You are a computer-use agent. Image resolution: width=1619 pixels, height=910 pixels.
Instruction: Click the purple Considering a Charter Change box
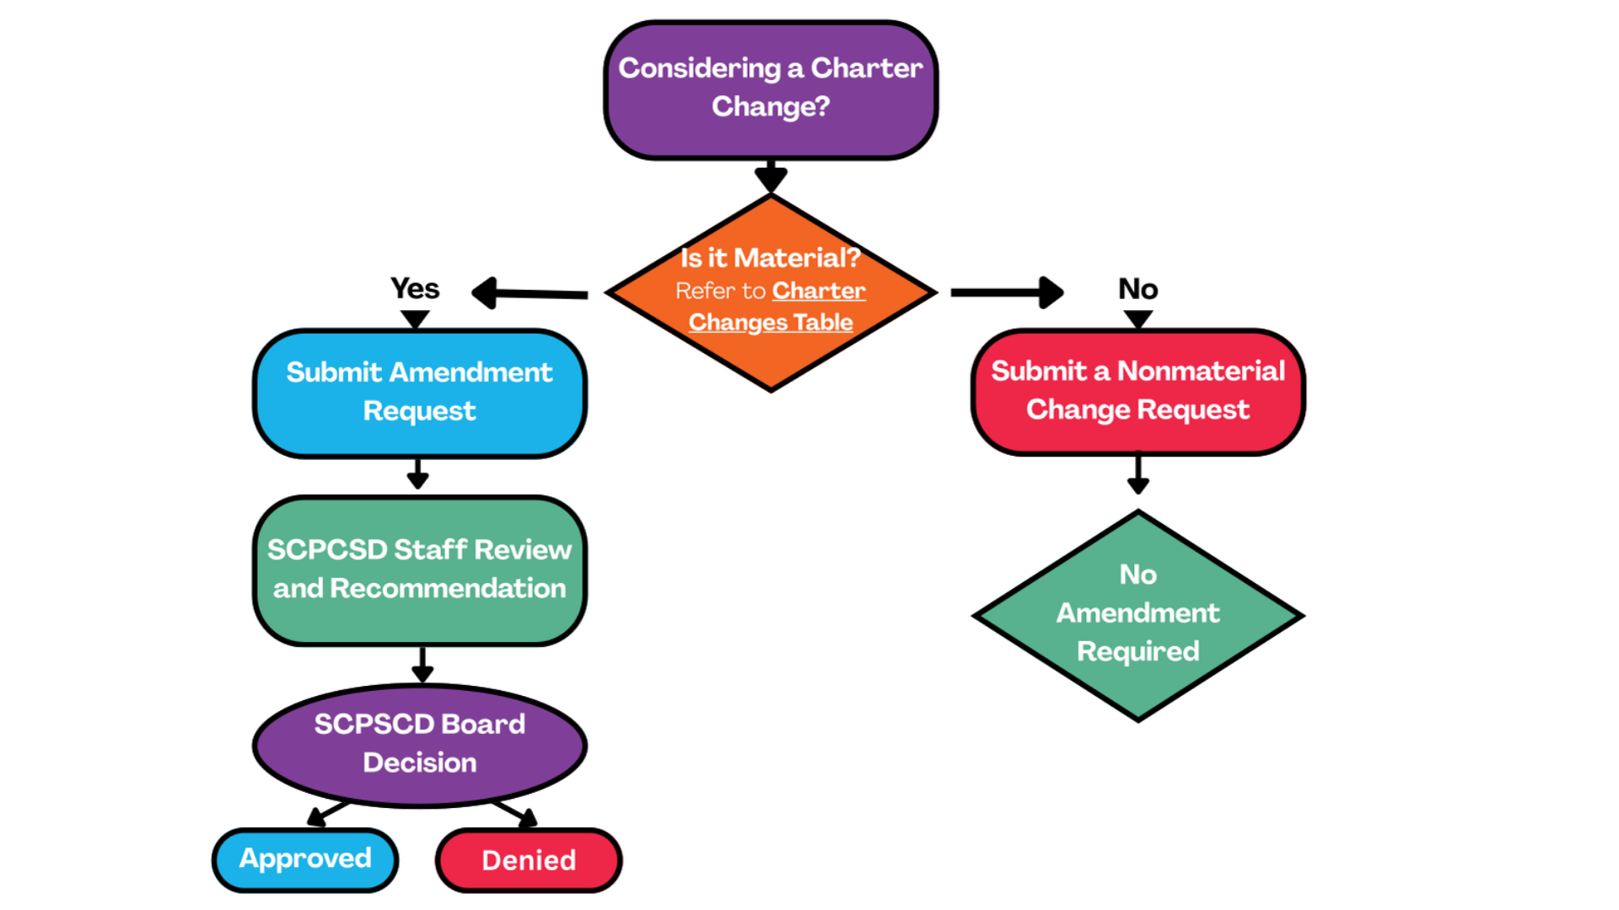pyautogui.click(x=771, y=89)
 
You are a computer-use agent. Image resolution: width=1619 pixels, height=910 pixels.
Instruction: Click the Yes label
pyautogui.click(x=415, y=289)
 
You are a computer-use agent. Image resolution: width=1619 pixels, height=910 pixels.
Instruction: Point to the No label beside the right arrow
pyautogui.click(x=1138, y=289)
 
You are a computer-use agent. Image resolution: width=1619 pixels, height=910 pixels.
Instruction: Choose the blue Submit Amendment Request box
pyautogui.click(x=420, y=393)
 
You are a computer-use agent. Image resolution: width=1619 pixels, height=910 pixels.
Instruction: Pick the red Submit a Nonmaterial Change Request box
pyautogui.click(x=1138, y=391)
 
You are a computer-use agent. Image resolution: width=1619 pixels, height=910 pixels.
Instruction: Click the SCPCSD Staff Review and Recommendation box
pyautogui.click(x=420, y=570)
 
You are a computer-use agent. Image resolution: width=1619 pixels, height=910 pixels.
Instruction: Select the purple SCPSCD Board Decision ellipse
pyautogui.click(x=420, y=744)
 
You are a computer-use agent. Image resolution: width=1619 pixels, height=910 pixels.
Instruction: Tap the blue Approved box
pyautogui.click(x=305, y=859)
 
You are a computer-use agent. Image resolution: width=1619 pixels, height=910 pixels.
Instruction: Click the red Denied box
pyautogui.click(x=529, y=860)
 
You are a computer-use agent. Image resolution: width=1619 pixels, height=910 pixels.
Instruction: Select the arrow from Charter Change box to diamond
pyautogui.click(x=771, y=175)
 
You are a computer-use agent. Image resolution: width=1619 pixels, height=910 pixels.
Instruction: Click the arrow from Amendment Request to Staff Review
pyautogui.click(x=418, y=474)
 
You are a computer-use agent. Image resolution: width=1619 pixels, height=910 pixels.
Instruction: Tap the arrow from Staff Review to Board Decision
pyautogui.click(x=422, y=665)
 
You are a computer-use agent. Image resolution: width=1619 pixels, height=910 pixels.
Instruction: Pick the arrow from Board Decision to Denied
pyautogui.click(x=514, y=813)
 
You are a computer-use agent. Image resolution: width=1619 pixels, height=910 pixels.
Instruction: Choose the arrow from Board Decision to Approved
pyautogui.click(x=327, y=813)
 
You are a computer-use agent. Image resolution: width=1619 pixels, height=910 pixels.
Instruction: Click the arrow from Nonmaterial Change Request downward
pyautogui.click(x=1138, y=475)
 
